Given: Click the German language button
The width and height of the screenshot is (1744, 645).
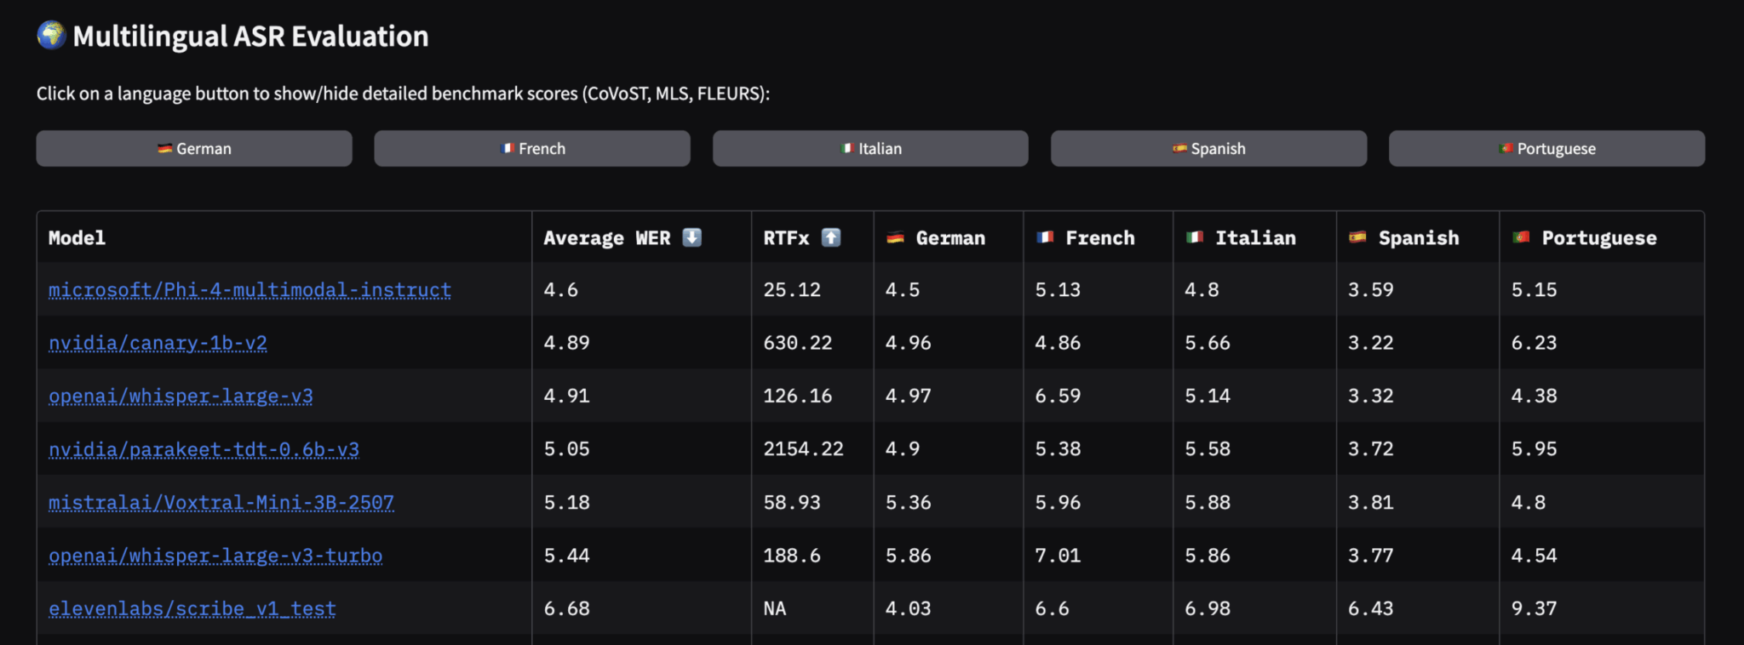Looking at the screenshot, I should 194,149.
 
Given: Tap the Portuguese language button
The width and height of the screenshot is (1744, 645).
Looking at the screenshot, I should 1546,149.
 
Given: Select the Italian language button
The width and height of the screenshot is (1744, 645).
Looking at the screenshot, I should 870,149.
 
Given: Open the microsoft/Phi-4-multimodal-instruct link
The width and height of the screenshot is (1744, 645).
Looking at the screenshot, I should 250,290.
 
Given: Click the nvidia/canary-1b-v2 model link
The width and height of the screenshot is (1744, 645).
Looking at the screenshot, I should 158,343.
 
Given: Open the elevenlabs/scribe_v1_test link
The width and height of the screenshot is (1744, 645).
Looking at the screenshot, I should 192,608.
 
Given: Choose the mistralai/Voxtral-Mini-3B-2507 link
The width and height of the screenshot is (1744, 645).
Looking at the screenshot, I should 221,502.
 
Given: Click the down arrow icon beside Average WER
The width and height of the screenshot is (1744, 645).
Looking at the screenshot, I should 692,237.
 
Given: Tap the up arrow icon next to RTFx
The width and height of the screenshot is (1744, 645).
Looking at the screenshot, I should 831,237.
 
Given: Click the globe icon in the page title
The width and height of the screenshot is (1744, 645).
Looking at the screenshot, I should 52,36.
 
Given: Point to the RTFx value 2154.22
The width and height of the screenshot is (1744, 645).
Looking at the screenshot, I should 803,449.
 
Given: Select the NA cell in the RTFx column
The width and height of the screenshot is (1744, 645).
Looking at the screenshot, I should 775,608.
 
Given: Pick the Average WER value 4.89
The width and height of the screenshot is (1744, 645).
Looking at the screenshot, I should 566,343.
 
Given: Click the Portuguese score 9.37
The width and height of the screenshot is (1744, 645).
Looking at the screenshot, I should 1534,608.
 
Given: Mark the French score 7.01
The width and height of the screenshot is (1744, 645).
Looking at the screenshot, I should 1058,556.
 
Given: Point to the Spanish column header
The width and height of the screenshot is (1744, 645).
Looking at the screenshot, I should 1418,238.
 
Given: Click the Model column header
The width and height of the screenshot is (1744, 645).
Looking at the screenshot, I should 77,238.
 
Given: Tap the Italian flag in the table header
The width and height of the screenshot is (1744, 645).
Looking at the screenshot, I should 1195,237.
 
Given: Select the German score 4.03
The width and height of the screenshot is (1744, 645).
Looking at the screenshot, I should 908,608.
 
